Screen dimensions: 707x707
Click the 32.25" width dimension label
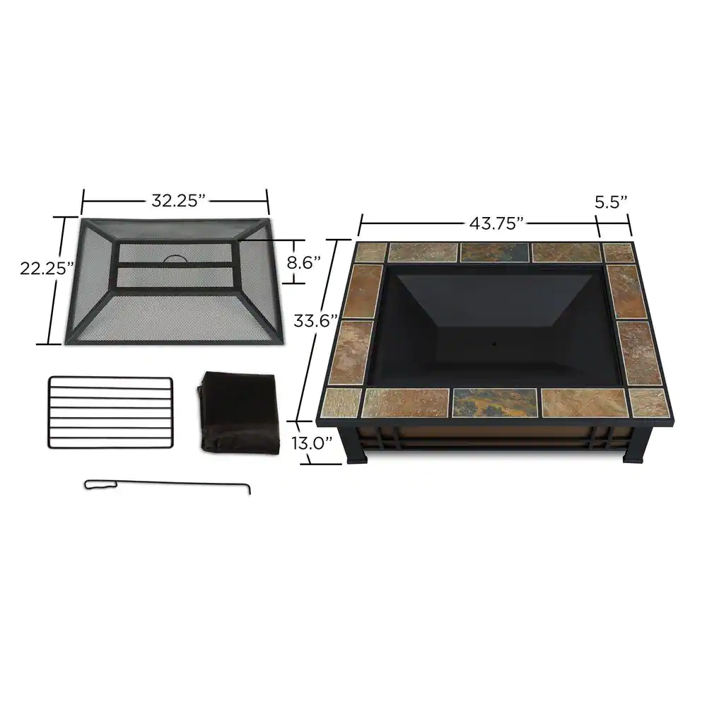pyautogui.click(x=177, y=200)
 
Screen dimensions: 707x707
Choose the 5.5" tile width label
pyautogui.click(x=612, y=201)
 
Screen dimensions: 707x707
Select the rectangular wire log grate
pyautogui.click(x=111, y=411)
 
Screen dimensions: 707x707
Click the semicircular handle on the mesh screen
pyautogui.click(x=176, y=259)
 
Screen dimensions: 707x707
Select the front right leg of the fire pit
pyautogui.click(x=633, y=452)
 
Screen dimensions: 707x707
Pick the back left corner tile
pyautogui.click(x=370, y=252)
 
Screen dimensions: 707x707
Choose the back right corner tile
pyautogui.click(x=619, y=252)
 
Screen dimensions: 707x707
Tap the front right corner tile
pyautogui.click(x=648, y=402)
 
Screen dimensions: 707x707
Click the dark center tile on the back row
pyautogui.click(x=494, y=252)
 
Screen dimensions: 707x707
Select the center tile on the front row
pyautogui.click(x=494, y=402)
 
